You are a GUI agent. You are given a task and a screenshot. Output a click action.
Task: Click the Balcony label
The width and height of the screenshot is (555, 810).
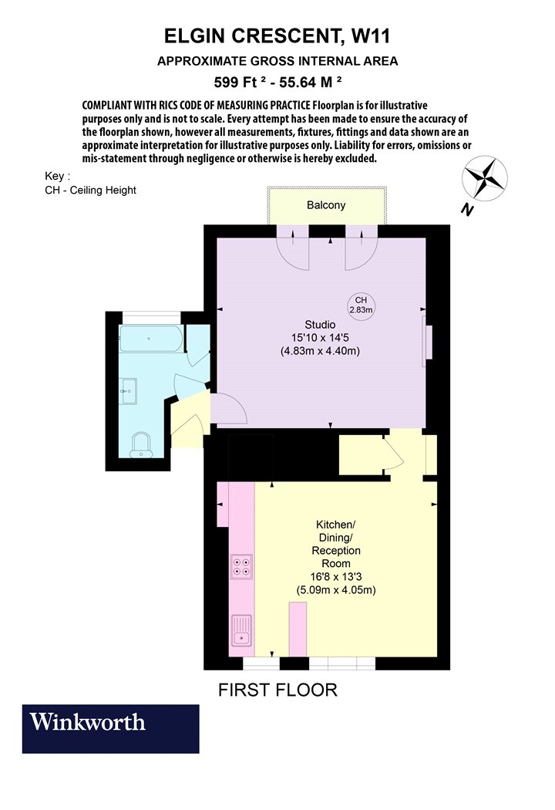(x=326, y=205)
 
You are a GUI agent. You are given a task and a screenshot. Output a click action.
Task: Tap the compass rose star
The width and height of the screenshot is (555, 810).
(x=484, y=179)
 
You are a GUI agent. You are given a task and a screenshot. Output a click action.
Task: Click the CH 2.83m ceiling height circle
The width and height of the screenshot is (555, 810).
(x=361, y=305)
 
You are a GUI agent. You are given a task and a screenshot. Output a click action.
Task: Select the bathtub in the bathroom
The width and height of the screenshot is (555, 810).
(x=151, y=339)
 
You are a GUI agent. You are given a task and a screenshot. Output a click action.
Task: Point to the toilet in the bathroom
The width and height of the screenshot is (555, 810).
(x=140, y=445)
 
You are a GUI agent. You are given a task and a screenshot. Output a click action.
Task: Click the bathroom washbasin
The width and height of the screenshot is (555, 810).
(x=128, y=391)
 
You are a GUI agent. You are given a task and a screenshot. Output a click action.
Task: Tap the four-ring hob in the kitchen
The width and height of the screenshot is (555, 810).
(x=241, y=566)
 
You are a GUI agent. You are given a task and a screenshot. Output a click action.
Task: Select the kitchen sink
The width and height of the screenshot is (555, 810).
(x=241, y=631)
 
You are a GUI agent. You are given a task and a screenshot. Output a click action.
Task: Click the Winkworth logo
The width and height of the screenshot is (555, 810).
(x=110, y=728)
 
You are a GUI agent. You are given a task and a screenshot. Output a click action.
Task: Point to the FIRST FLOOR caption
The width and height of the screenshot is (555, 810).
(x=277, y=690)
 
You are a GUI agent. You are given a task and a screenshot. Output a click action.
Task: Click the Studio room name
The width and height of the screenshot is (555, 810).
(x=320, y=325)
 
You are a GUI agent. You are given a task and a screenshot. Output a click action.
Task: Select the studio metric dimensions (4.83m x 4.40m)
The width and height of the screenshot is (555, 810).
(x=320, y=351)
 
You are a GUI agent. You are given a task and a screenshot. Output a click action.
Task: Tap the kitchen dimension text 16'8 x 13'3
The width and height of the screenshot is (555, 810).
(x=336, y=577)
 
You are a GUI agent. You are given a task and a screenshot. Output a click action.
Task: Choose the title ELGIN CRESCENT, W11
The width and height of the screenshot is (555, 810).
(x=277, y=36)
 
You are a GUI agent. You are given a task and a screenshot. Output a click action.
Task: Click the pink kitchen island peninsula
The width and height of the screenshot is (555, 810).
(x=298, y=629)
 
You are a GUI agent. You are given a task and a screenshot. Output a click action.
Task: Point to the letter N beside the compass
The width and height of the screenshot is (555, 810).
(x=468, y=210)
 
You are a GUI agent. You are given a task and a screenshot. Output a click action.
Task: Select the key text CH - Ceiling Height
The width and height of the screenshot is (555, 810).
(x=90, y=190)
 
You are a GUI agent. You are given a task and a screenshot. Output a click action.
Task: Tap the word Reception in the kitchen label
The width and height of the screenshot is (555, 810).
(x=336, y=551)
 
